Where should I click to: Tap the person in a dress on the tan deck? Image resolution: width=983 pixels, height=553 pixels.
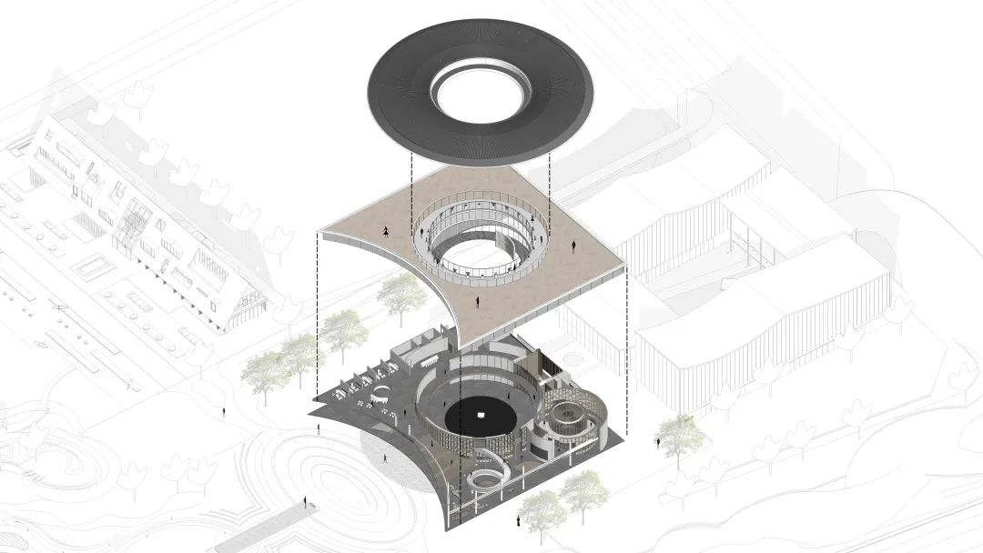(x=389, y=231)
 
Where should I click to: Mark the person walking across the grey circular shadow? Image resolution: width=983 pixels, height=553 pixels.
(x=384, y=459)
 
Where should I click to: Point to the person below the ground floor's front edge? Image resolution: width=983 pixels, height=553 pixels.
(x=517, y=521)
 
